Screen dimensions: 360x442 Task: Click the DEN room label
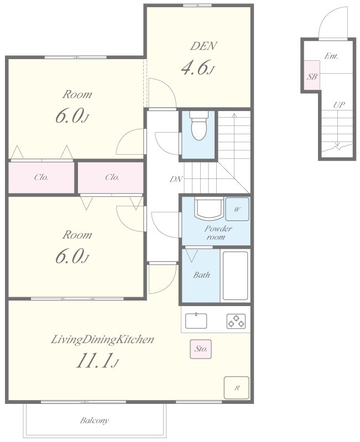[204, 46]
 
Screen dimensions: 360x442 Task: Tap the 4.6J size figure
[198, 67]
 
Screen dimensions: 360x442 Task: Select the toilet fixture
[199, 125]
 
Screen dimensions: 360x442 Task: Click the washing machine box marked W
[237, 209]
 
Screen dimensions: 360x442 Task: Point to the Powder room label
[218, 233]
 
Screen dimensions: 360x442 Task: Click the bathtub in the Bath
[235, 276]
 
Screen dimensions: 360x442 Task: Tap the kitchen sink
[196, 321]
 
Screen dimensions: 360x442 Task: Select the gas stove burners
[236, 321]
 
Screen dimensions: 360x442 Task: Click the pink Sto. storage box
[201, 349]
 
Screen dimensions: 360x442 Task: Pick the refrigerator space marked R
[237, 388]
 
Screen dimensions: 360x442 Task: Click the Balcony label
[94, 421]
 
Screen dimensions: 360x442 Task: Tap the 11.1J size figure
[97, 361]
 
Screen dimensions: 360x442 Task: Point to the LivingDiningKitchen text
[102, 339]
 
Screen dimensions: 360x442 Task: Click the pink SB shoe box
[312, 75]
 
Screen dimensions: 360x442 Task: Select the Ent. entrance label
[331, 56]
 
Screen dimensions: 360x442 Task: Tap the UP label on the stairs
[339, 105]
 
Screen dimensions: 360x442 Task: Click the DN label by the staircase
[176, 179]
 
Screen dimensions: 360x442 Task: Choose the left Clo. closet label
[41, 177]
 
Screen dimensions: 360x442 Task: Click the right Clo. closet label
[112, 177]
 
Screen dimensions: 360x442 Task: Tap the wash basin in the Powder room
[209, 209]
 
